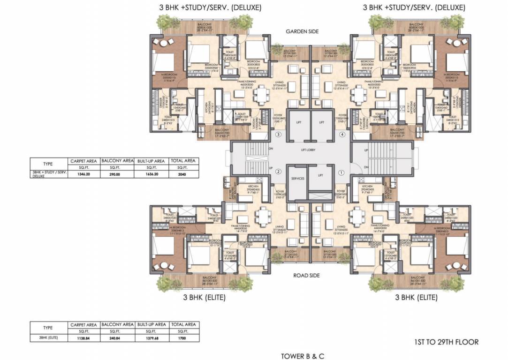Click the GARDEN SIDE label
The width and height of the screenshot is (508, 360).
[302, 31]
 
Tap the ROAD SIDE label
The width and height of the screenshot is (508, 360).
[307, 276]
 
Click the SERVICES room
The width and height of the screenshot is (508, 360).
[297, 179]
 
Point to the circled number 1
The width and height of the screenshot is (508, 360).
[341, 172]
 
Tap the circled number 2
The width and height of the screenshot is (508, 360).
[278, 172]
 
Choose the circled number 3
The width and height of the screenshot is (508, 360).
[278, 135]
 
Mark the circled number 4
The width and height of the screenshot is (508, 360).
[341, 135]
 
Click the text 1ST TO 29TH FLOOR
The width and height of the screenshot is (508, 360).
[447, 342]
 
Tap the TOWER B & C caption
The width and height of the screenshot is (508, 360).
[303, 356]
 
